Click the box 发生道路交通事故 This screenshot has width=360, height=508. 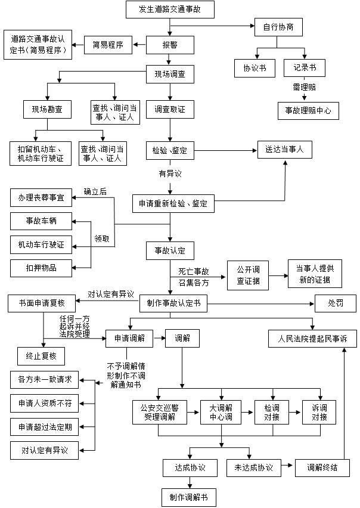170,10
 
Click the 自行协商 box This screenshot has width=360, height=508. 278,27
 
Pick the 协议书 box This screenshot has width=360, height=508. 255,68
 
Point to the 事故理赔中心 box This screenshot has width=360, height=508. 308,110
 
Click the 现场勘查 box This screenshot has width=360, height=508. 47,109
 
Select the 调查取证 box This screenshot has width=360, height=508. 170,109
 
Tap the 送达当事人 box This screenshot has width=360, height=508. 284,150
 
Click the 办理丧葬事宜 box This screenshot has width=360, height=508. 41,197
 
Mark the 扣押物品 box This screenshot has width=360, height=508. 41,268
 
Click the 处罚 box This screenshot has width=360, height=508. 335,303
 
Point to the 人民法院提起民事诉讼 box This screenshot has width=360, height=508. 312,339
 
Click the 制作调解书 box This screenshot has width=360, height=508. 188,497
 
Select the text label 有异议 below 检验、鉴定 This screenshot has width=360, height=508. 169,174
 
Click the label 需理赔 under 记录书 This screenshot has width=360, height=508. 303,87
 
